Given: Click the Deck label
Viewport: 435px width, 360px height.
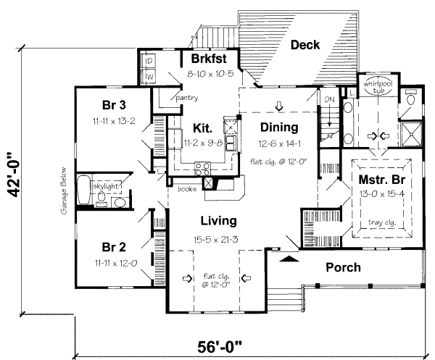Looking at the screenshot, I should pos(306,45).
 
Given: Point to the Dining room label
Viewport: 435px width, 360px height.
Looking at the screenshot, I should pos(279,127).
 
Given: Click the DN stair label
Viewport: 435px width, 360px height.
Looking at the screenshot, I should pos(328,99).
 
